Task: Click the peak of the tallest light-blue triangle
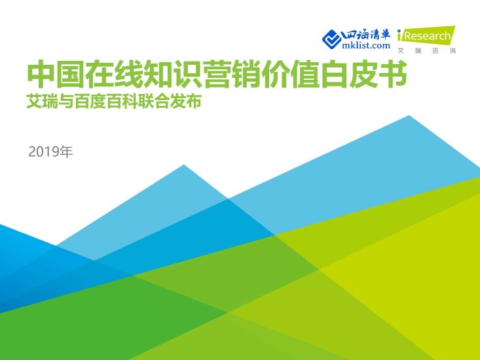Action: tap(410, 117)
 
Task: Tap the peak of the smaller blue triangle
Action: tap(184, 166)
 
